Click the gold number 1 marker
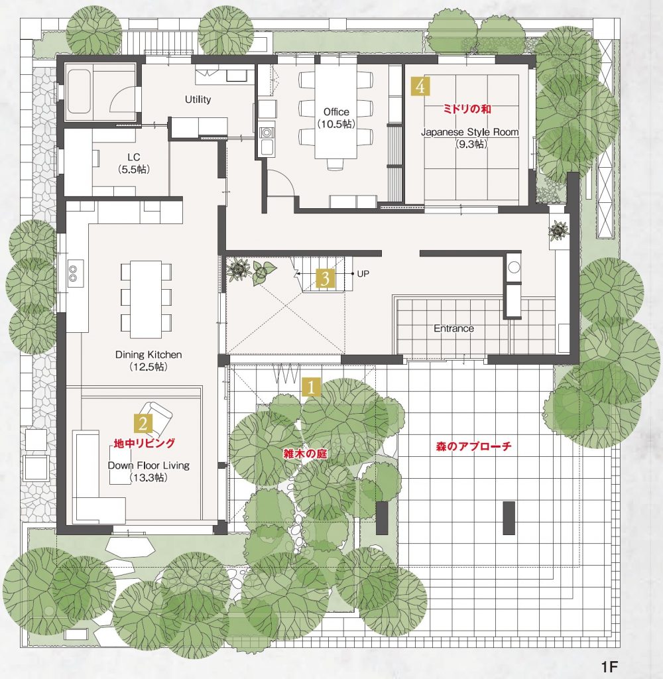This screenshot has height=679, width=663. click(312, 387)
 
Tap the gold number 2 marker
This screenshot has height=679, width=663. click(143, 423)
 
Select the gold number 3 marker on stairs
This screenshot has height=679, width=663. click(326, 278)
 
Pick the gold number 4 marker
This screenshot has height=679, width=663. click(420, 86)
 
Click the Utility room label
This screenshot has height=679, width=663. click(198, 99)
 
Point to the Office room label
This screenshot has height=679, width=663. click(336, 112)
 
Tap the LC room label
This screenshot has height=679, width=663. click(134, 157)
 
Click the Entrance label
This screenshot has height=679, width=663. click(454, 328)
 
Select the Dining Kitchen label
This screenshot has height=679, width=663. click(149, 355)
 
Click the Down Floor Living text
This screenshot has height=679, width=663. click(149, 465)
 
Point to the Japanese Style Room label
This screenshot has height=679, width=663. click(470, 132)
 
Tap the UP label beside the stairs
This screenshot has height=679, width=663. click(363, 274)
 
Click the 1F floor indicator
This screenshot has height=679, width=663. click(609, 666)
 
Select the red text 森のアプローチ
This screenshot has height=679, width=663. click(473, 446)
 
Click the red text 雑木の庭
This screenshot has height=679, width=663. click(305, 454)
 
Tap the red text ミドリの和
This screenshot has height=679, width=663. click(467, 109)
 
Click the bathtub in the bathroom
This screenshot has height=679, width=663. click(79, 92)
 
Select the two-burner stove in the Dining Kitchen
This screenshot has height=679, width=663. click(73, 273)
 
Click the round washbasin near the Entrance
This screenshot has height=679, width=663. click(514, 267)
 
